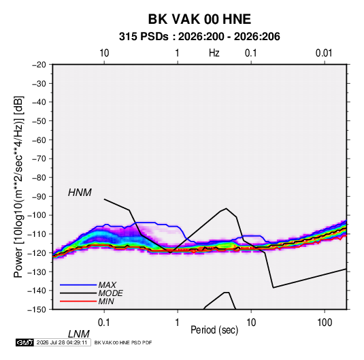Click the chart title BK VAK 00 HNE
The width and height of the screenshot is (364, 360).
pyautogui.click(x=199, y=19)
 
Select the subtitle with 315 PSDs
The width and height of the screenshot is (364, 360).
pyautogui.click(x=199, y=37)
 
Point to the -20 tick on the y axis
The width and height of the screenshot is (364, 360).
pyautogui.click(x=39, y=65)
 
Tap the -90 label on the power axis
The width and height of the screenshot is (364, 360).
pyautogui.click(x=39, y=197)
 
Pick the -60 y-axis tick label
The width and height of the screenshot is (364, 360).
pyautogui.click(x=39, y=140)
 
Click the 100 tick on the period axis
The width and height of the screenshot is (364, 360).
pyautogui.click(x=325, y=323)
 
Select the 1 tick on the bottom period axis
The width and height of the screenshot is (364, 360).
pyautogui.click(x=178, y=323)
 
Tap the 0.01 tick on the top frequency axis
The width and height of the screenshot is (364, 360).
pyautogui.click(x=324, y=53)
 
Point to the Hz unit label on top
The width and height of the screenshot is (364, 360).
pyautogui.click(x=214, y=53)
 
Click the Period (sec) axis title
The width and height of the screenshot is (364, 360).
pyautogui.click(x=214, y=330)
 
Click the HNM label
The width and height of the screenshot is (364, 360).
pyautogui.click(x=80, y=193)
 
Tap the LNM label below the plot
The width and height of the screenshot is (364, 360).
pyautogui.click(x=78, y=334)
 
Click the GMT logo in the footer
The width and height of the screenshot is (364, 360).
pyautogui.click(x=24, y=342)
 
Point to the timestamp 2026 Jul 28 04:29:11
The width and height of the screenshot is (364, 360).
pyautogui.click(x=62, y=342)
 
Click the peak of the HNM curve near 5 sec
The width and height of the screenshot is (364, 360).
pyautogui.click(x=227, y=208)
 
